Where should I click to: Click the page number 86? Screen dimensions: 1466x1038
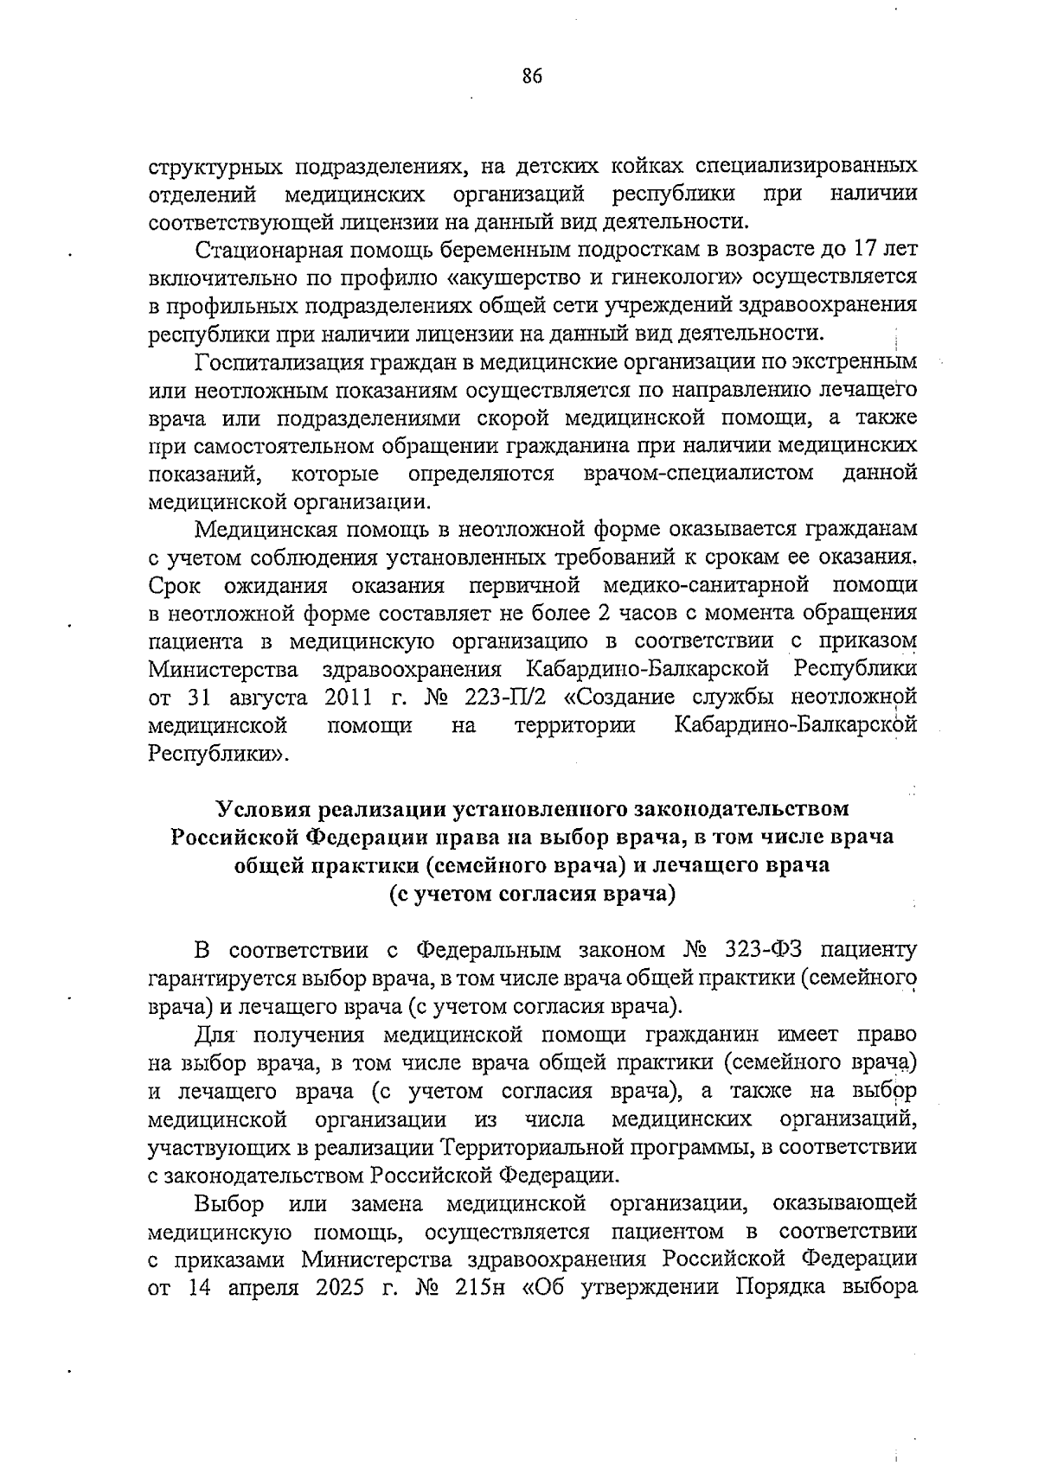531,78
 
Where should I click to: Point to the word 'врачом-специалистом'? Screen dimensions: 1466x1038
699,473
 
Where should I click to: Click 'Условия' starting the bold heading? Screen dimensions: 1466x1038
265,808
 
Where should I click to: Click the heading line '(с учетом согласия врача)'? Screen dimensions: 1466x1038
531,893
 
